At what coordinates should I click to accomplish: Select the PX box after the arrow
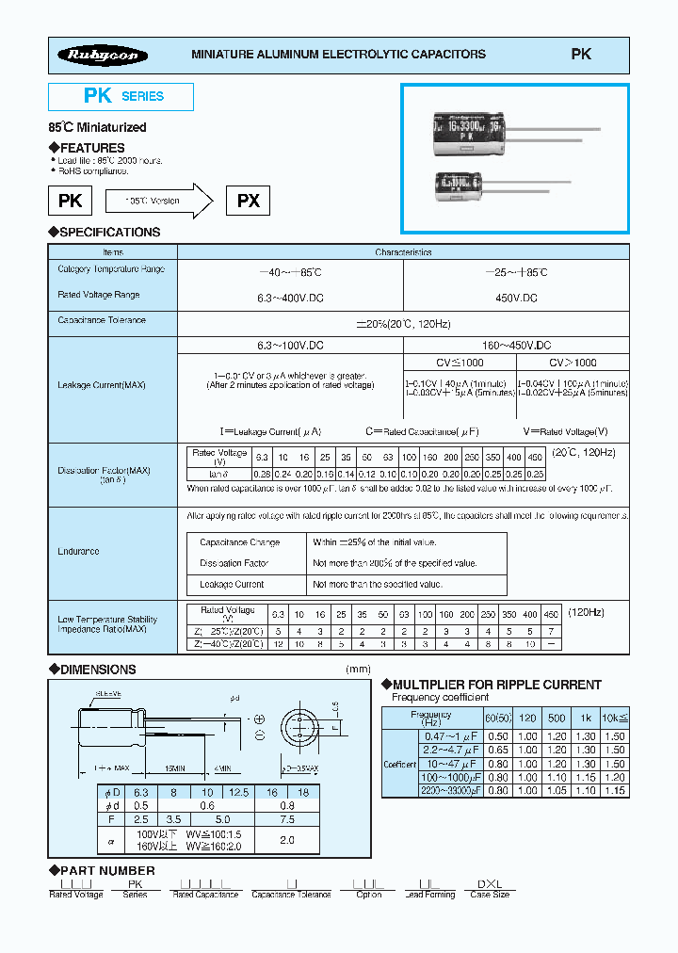coord(249,201)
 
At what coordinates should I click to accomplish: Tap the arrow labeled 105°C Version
coord(156,201)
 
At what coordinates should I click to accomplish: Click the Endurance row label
coord(78,551)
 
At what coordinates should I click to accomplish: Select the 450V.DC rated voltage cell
coord(516,297)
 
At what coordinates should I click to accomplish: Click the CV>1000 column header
coord(573,363)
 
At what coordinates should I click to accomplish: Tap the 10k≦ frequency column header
coord(614,718)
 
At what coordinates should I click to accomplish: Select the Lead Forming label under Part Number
coord(429,895)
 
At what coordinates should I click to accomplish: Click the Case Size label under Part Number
coord(490,895)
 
